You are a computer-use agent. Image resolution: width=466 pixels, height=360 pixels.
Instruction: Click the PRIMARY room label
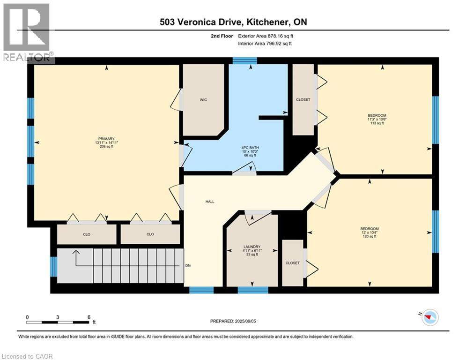coord(105,138)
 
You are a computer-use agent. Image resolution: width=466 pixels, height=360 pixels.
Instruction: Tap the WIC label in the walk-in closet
coord(203,100)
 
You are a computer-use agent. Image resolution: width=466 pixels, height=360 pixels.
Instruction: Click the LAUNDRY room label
coord(251,247)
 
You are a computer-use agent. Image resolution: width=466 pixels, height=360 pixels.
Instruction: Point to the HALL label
coord(210,201)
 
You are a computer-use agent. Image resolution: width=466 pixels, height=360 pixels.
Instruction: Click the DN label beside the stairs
coord(188,266)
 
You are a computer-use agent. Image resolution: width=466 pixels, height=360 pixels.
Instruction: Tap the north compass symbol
coord(429,318)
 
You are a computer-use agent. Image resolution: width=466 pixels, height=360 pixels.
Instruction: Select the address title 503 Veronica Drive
coord(233,22)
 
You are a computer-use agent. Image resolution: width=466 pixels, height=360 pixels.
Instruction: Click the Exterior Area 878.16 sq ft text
coord(266,36)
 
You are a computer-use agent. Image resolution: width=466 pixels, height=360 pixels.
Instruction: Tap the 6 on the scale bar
coord(89,317)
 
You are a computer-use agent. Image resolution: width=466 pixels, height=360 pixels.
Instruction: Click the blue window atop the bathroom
coord(245,60)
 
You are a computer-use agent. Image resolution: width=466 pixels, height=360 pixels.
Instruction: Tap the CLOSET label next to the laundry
coord(293,263)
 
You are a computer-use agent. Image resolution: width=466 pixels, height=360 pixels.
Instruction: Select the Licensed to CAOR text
coord(27,356)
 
